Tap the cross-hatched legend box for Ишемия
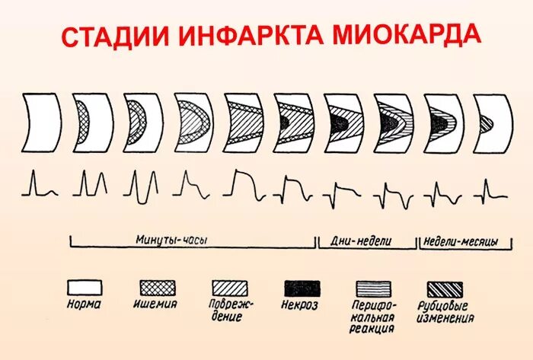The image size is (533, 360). pos(157,288)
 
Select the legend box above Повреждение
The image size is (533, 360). pos(230,288)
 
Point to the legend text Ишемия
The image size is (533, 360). pos(158,304)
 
